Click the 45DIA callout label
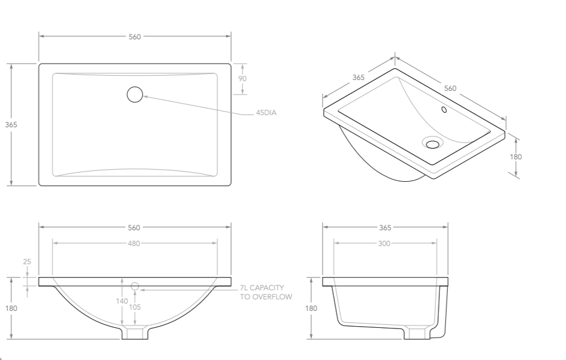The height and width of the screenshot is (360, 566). [x=266, y=113]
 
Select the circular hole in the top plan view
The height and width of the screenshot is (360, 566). [x=135, y=94]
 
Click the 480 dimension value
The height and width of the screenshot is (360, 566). [x=134, y=244]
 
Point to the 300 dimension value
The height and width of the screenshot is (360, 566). [x=385, y=244]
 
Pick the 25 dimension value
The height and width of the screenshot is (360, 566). [x=27, y=262]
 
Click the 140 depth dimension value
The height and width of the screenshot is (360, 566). [x=122, y=301]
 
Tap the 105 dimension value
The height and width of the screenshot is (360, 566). [x=135, y=307]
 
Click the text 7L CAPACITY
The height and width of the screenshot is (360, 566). [x=262, y=288]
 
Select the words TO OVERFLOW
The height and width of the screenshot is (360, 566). [x=266, y=297]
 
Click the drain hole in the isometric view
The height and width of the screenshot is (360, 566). [x=433, y=144]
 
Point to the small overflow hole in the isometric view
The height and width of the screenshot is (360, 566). [x=444, y=110]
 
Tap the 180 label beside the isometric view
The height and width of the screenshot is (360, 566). [x=516, y=156]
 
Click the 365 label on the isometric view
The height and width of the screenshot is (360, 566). [x=358, y=78]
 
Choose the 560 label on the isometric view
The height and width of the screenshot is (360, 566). [x=450, y=88]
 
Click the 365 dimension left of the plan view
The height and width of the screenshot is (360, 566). [x=12, y=124]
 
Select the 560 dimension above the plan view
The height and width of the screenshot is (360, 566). [x=135, y=37]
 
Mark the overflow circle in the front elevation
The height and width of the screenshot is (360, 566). [x=135, y=286]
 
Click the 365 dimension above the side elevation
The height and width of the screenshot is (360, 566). [x=385, y=228]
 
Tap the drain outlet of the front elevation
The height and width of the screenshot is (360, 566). [x=135, y=334]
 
